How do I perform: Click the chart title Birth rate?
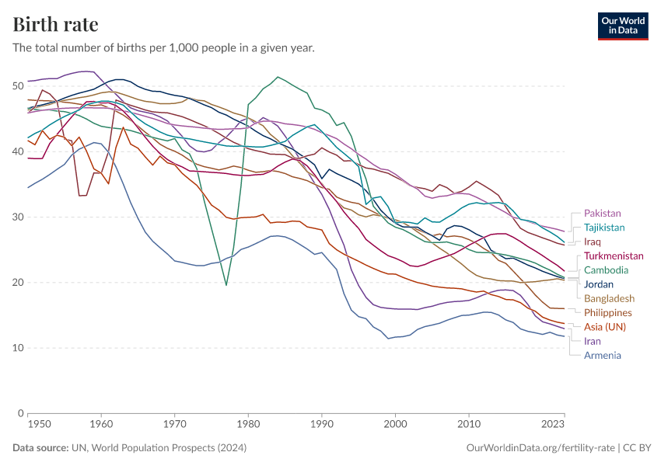[55, 24]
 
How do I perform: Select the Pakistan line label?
[603, 213]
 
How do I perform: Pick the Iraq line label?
[592, 242]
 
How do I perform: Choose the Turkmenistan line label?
[614, 256]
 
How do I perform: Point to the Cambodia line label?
[607, 270]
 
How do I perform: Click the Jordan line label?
[599, 284]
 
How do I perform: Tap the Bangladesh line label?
[609, 298]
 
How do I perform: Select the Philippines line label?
[608, 312]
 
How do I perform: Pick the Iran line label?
[592, 341]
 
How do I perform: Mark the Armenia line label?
[603, 355]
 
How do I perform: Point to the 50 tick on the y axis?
[18, 85]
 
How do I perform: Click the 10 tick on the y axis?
[18, 347]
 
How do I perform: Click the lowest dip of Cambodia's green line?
[226, 285]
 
